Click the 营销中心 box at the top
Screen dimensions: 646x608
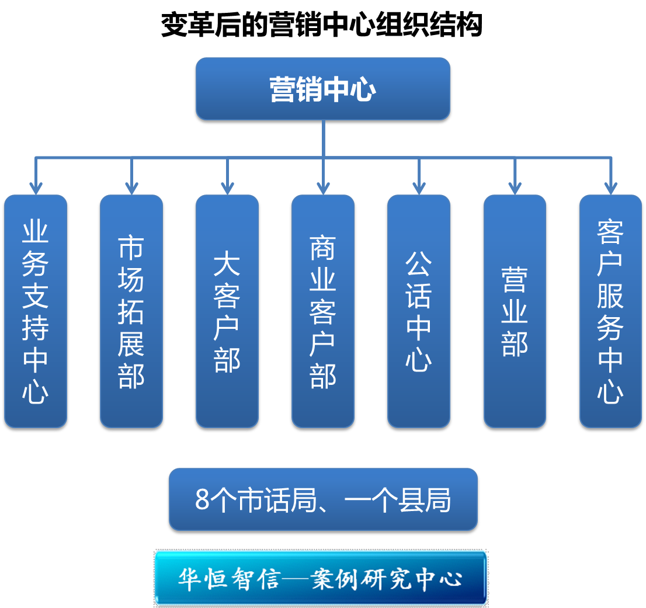pos(322,89)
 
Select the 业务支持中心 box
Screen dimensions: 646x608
pos(36,311)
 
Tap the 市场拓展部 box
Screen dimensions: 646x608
pos(131,311)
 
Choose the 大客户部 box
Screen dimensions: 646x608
pos(227,311)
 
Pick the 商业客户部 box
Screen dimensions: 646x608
pos(323,311)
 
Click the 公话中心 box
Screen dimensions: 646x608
pos(419,311)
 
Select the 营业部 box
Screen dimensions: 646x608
pos(515,311)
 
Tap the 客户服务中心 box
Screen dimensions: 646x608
pos(610,311)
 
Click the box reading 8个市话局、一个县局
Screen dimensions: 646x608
pos(323,499)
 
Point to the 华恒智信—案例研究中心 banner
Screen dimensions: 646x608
pos(321,578)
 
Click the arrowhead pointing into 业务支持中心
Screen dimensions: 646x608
pos(36,188)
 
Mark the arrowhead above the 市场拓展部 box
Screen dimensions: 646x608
pos(131,188)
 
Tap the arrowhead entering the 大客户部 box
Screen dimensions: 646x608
pos(227,188)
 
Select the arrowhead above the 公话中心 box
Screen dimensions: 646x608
pos(419,188)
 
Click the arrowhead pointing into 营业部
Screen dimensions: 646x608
pos(515,188)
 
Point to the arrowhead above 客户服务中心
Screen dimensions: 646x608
pos(610,188)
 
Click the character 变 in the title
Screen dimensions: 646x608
pos(174,25)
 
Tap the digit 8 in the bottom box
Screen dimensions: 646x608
pos(202,500)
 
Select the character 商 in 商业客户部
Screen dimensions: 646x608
pos(322,248)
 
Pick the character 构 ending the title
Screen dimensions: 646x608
pos(468,25)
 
